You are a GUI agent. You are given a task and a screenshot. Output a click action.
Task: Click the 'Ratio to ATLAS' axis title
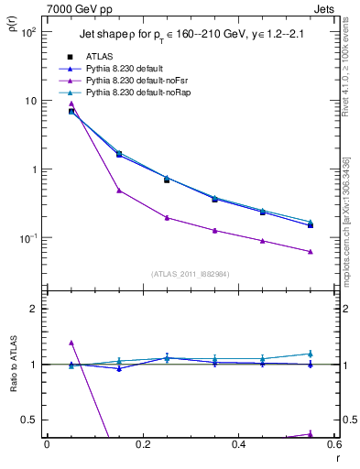[12, 365]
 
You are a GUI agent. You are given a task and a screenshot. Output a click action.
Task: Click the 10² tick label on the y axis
[28, 32]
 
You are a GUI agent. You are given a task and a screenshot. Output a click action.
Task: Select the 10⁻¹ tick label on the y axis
[28, 238]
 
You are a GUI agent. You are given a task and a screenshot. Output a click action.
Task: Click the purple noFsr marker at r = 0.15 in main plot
[119, 191]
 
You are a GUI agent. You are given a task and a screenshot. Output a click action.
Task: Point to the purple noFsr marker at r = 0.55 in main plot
[311, 252]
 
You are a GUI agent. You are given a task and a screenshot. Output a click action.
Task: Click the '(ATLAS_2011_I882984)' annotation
[191, 274]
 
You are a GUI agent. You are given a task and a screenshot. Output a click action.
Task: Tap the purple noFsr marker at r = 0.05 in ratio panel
[71, 343]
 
